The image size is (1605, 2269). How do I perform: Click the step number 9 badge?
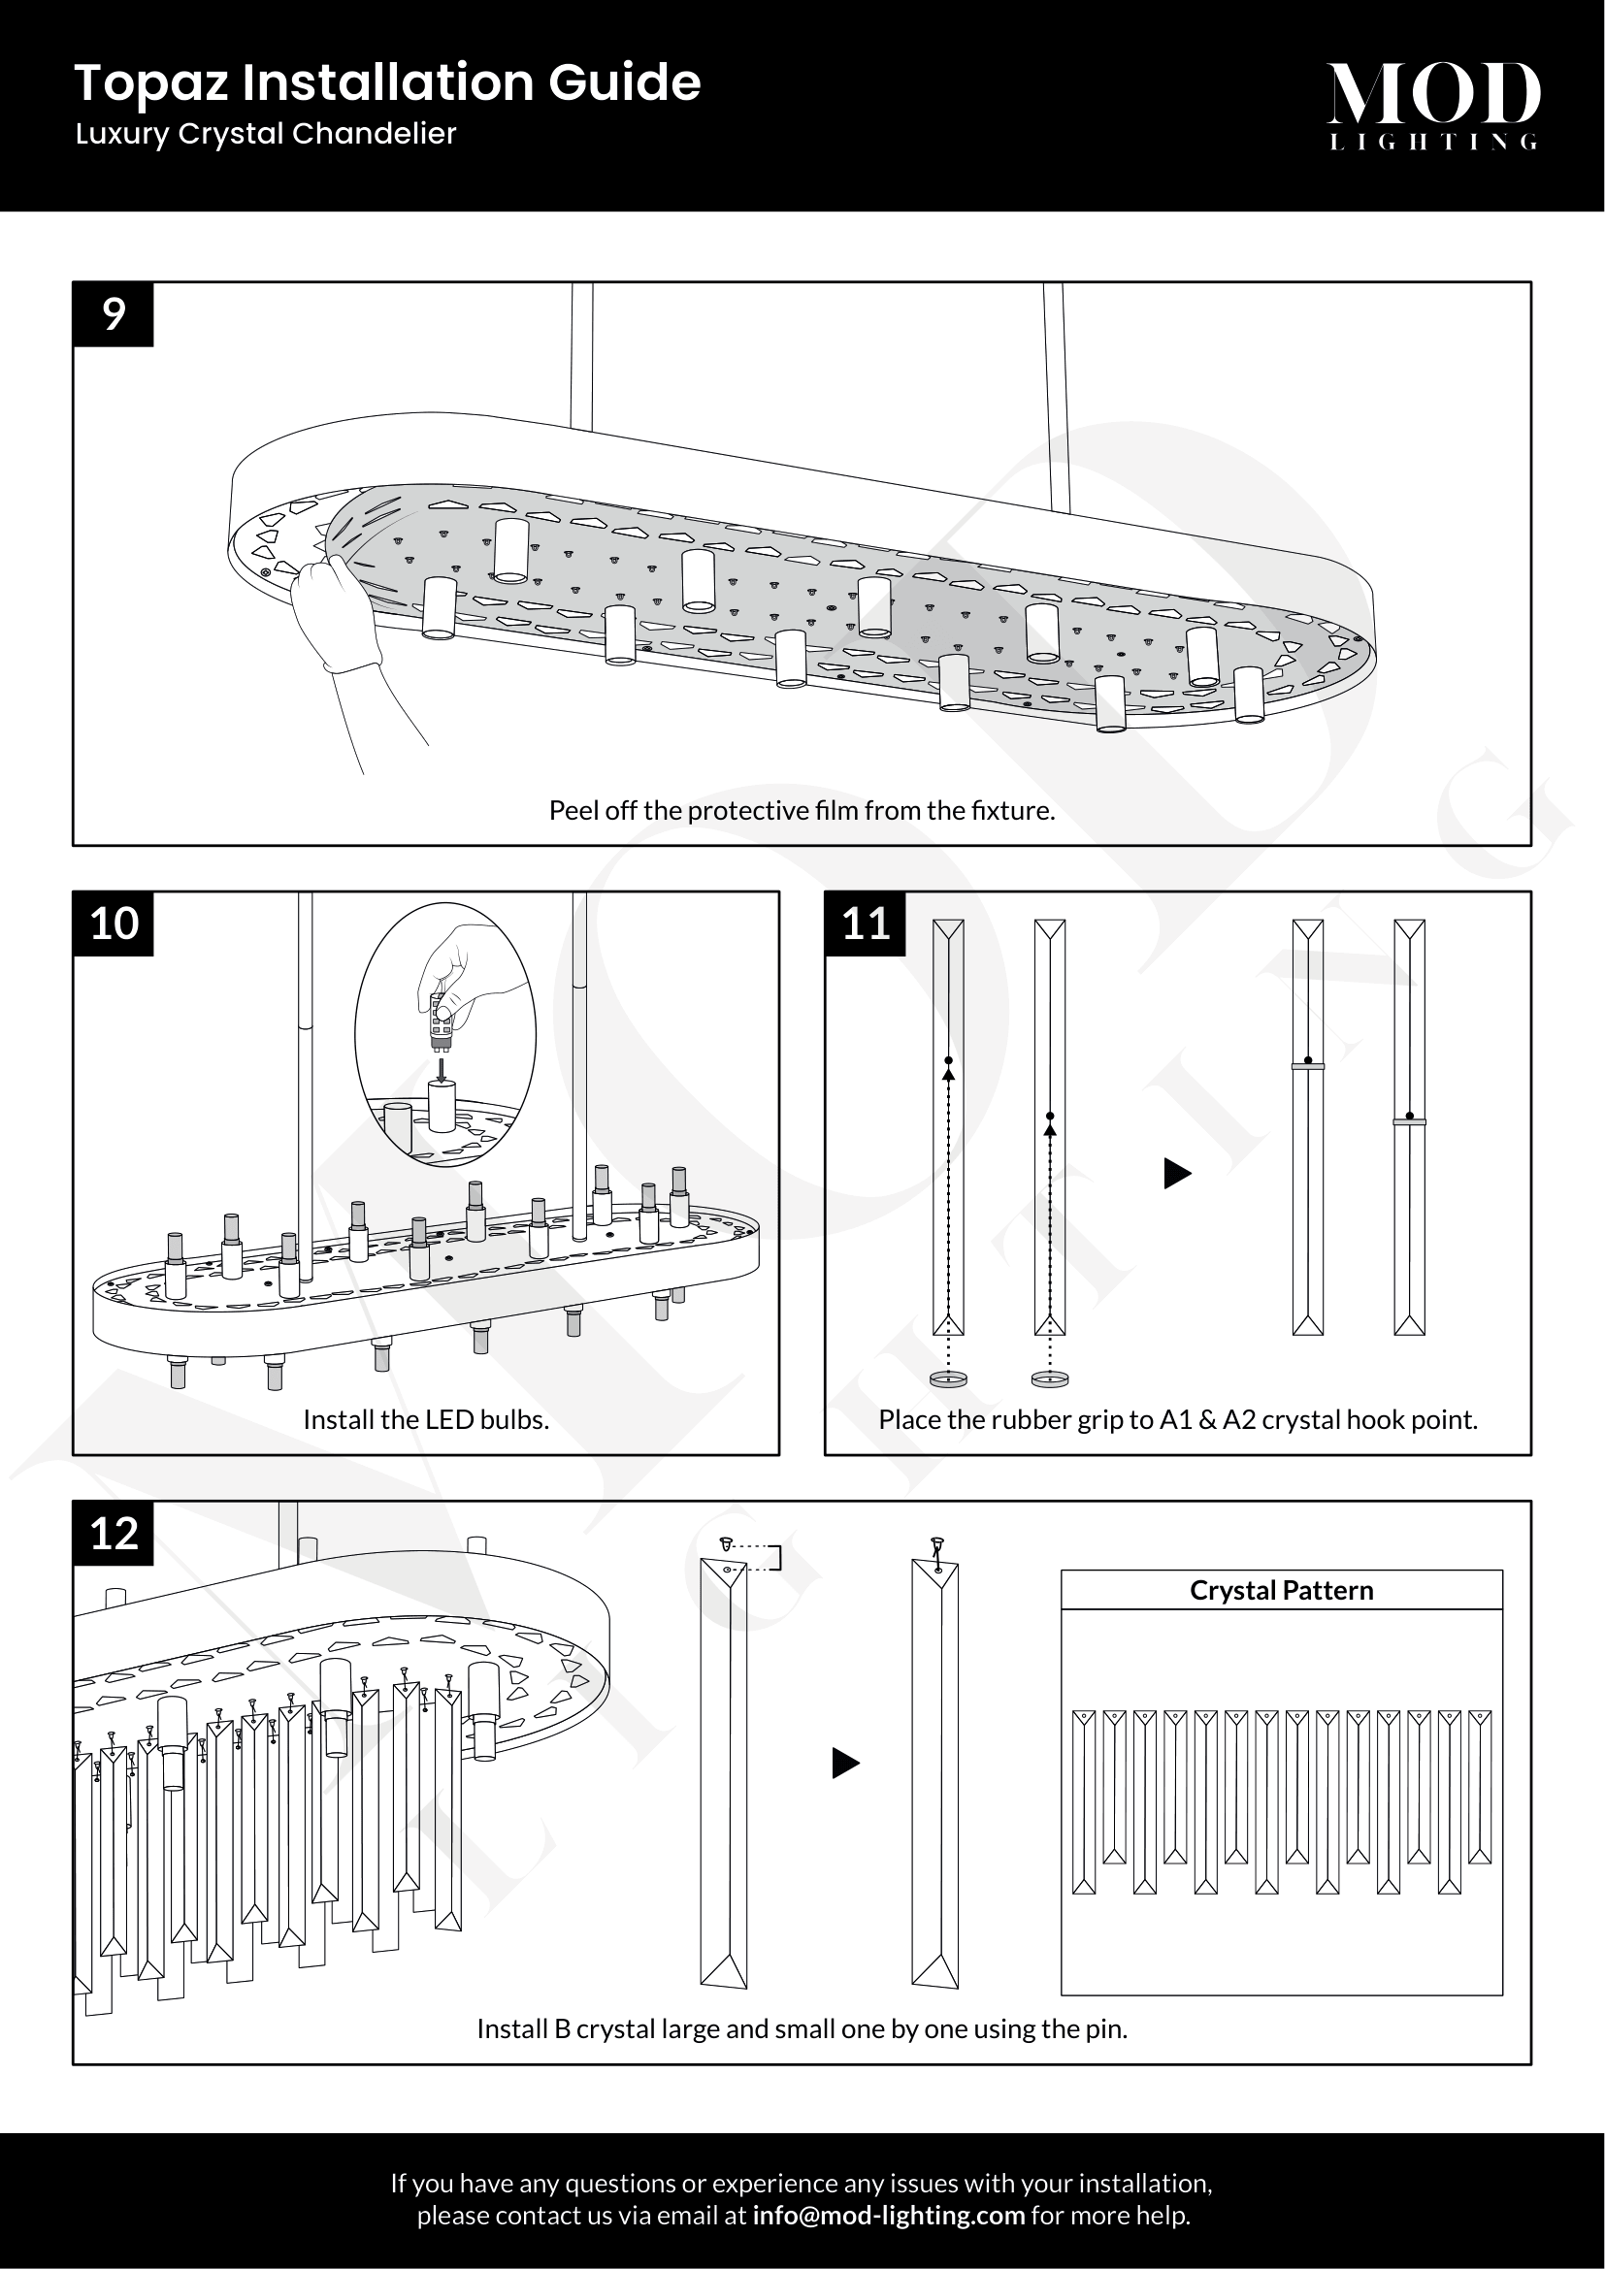coord(114,314)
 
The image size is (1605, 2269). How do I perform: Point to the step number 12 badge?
coord(114,1534)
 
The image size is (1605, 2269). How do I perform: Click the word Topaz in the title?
coord(152,83)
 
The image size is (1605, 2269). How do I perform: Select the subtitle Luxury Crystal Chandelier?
coord(266,134)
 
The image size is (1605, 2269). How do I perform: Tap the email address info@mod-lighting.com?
coord(888,2216)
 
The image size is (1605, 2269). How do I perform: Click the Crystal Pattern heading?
coord(1281,1590)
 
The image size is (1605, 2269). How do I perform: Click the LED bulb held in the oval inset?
coord(441,1023)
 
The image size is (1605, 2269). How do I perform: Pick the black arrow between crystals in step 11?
coord(1177,1174)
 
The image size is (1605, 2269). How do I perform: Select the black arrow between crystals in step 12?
coord(845,1763)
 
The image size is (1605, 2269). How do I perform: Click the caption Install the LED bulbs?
coord(426,1420)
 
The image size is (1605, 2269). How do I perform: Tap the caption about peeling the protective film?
coord(802,810)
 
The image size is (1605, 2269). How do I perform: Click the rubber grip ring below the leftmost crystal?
coord(949,1378)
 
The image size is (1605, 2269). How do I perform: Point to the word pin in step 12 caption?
coord(1107,2028)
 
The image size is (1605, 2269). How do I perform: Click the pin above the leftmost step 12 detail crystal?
coord(727,1543)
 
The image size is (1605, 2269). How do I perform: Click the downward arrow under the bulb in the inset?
coord(442,1070)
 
